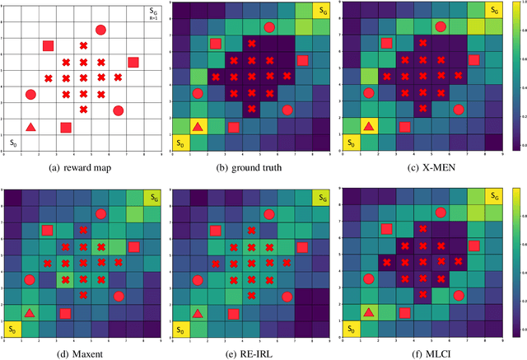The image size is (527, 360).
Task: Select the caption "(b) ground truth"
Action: [x=252, y=168]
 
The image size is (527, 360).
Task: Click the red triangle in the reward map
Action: [x=30, y=127]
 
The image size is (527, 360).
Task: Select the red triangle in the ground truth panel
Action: [x=198, y=127]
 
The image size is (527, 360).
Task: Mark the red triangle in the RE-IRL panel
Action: [x=198, y=312]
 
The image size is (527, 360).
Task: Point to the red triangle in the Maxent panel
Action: [x=30, y=312]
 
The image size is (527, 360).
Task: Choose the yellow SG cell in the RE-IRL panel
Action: [x=321, y=196]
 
